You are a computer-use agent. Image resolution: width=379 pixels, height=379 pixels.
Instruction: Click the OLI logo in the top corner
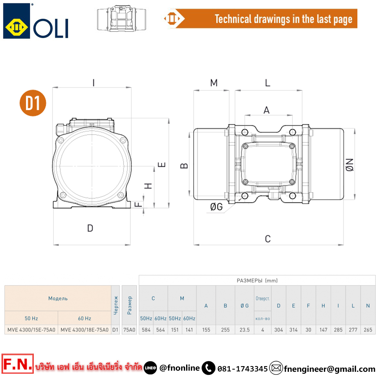click(x=36, y=21)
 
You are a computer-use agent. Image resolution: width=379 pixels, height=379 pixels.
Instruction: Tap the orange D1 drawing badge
click(x=33, y=103)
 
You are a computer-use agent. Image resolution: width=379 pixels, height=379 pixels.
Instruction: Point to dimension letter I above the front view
click(x=93, y=83)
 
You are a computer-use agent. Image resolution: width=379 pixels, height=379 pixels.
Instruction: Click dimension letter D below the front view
click(x=90, y=228)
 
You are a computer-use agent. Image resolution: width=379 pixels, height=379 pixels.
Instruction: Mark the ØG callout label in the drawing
click(x=216, y=207)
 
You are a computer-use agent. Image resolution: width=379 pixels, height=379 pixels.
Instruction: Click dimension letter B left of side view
click(x=184, y=166)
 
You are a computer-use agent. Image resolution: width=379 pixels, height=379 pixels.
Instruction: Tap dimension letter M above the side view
click(x=214, y=83)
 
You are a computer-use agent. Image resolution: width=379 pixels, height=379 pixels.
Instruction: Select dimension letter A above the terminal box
click(x=266, y=110)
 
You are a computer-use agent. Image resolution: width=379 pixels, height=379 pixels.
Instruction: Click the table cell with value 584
click(x=146, y=330)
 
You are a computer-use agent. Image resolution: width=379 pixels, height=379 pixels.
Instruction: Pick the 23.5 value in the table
click(x=244, y=330)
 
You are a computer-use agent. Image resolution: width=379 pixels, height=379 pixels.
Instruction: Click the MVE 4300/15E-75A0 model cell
click(x=31, y=330)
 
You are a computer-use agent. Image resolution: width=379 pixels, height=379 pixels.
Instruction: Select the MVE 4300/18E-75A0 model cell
click(x=85, y=330)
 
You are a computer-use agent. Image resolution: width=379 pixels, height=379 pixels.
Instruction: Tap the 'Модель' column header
click(x=58, y=298)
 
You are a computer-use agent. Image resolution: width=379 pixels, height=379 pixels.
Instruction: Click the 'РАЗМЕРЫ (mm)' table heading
click(x=257, y=280)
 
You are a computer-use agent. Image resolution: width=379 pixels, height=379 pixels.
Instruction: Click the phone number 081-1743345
click(x=243, y=368)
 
